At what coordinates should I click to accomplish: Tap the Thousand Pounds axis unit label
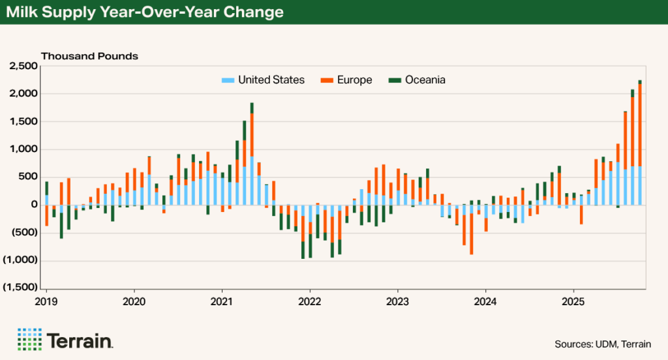click(x=89, y=56)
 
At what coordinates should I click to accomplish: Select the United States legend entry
click(x=271, y=80)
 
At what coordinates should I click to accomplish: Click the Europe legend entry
click(x=355, y=80)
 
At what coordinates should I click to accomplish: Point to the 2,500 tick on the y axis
click(x=23, y=67)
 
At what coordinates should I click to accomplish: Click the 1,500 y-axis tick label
click(x=23, y=122)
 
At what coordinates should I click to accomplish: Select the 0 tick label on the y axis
click(x=33, y=205)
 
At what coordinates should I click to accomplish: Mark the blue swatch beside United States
click(x=228, y=80)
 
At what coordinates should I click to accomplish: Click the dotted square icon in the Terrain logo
click(x=29, y=339)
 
